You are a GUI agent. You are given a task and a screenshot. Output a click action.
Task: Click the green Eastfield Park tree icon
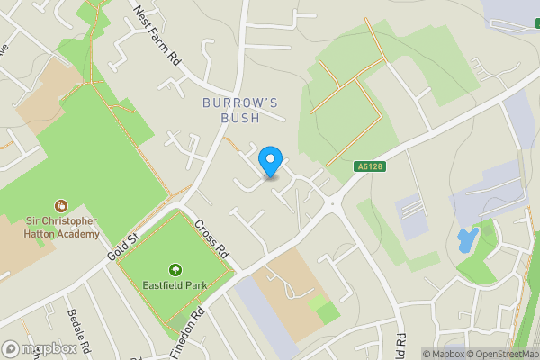(175, 269)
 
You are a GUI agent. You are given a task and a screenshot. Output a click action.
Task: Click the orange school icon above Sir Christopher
(61, 205)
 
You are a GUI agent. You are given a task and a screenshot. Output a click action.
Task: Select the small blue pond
(467, 240)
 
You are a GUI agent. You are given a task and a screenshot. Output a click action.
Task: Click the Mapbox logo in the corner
(38, 349)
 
